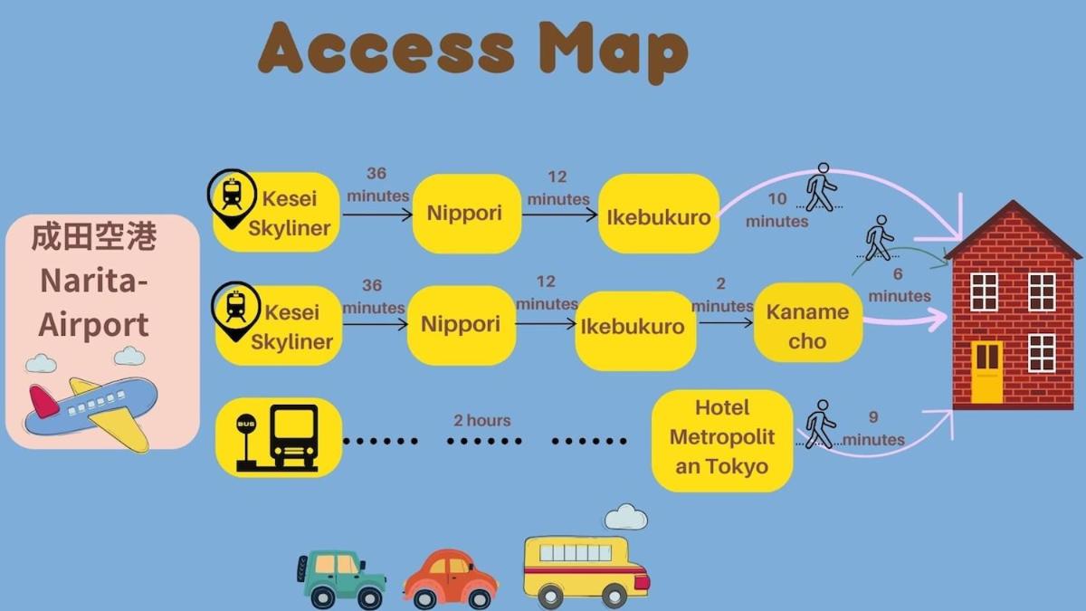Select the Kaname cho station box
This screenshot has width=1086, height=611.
coord(807,326)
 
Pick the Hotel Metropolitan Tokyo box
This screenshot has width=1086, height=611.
coord(722,438)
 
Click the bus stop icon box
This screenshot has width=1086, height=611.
coord(279,438)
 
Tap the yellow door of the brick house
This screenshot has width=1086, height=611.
coord(987,372)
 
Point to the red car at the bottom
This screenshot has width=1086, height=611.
coord(450,578)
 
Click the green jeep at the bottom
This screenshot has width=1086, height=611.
coord(341,578)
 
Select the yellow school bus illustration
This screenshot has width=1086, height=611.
coord(586,570)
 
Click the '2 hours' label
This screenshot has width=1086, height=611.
coord(481,420)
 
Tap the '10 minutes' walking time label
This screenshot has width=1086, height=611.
coord(777,211)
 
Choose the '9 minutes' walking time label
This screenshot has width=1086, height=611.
coord(872,429)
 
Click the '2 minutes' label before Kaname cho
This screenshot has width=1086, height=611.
coord(721,295)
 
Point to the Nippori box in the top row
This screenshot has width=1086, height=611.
coord(464,214)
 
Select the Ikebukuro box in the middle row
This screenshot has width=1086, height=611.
coord(633,327)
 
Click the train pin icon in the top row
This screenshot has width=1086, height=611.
coord(232,195)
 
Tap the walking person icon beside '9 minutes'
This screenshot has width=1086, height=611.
coord(820,424)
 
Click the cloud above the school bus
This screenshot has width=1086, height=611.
coord(626,517)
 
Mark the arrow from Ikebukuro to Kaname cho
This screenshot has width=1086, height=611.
coord(725,321)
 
